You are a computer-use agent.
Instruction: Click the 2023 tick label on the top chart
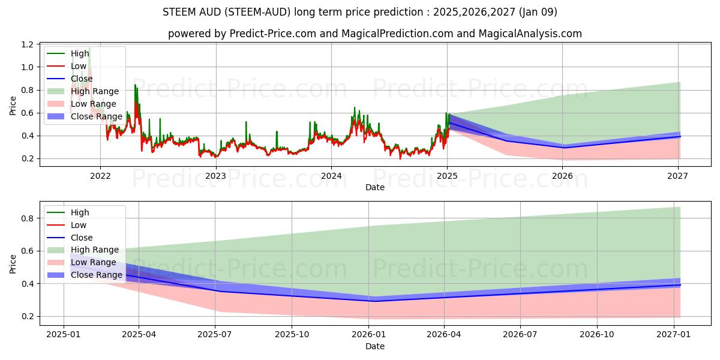215,176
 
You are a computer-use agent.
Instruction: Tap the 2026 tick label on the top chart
562,176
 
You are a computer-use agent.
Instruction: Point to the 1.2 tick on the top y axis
27,45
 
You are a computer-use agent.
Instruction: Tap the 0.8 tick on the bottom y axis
27,218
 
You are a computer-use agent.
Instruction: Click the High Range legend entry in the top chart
95,91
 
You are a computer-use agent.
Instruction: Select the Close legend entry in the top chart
82,79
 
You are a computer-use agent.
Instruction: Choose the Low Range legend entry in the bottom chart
94,262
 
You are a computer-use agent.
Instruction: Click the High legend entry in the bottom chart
80,212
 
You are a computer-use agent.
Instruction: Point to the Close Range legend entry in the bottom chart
97,275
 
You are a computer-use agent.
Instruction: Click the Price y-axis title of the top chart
13,106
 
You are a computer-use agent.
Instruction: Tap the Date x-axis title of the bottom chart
375,346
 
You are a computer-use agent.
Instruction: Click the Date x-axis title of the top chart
375,187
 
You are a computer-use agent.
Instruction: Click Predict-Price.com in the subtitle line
274,34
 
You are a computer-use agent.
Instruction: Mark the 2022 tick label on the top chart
100,176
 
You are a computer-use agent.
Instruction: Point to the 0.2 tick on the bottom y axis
27,316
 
